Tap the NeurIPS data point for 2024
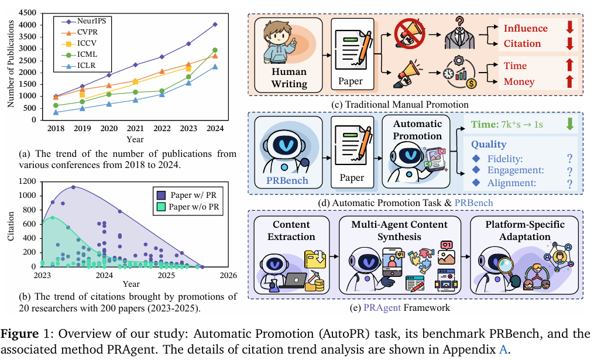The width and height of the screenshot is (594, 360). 215,25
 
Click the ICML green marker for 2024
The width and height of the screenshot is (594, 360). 215,50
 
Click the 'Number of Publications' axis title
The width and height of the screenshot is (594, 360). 10,66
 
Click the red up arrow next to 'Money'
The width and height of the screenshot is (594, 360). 569,81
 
